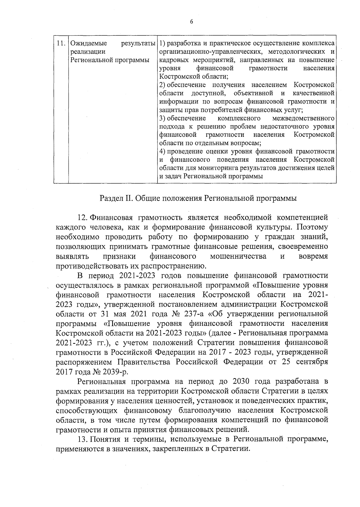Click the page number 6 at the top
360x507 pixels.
(191, 21)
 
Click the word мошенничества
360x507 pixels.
(238, 256)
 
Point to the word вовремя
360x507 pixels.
(313, 256)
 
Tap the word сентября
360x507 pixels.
(312, 362)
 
